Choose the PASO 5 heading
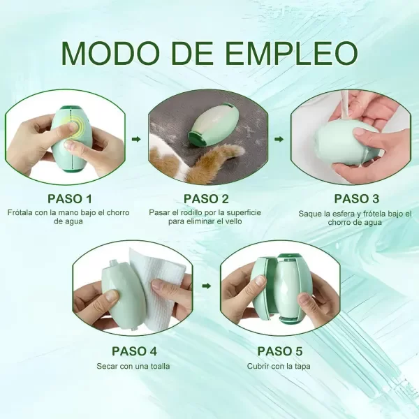[x=279, y=351]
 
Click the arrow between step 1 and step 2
[x=136, y=139]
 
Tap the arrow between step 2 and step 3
[x=279, y=139]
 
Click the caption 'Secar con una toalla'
[x=133, y=366]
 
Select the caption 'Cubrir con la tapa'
[x=279, y=366]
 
